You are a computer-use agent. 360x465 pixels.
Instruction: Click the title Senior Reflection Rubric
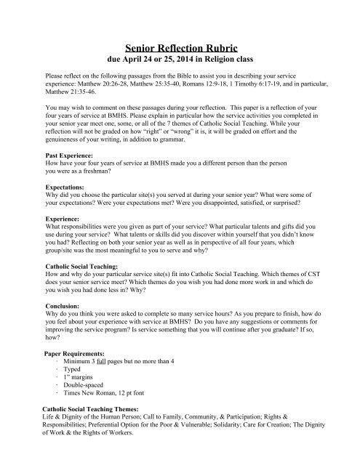click(x=180, y=47)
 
